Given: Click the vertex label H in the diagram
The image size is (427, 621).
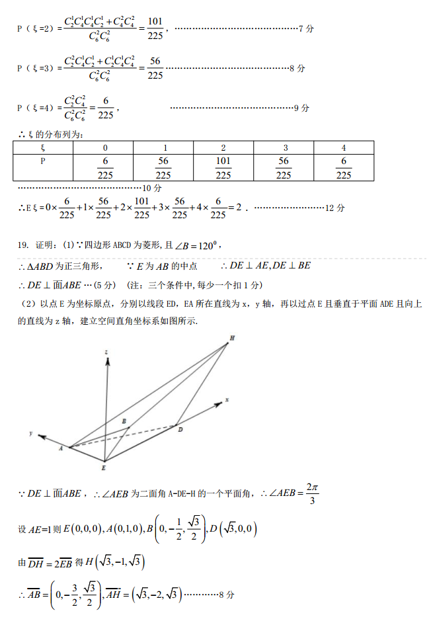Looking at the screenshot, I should [232, 338].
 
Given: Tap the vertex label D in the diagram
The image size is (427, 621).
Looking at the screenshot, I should [180, 429].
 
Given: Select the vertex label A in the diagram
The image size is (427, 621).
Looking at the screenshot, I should [61, 448].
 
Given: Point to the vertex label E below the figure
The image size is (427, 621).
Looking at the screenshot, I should [104, 468].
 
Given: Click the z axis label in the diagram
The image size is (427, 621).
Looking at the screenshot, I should [106, 354].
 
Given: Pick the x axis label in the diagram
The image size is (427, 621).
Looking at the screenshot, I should [227, 399].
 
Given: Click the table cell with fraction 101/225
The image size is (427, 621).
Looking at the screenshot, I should [223, 168].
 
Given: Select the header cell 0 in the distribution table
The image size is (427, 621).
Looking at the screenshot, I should [105, 147].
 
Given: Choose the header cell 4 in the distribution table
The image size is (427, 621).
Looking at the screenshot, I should [343, 147].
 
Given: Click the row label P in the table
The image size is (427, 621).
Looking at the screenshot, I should [43, 161].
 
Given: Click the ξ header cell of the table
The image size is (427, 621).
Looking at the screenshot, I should [43, 147].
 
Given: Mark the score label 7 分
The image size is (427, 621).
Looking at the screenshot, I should [306, 29].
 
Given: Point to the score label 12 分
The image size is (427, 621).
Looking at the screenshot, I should [335, 208].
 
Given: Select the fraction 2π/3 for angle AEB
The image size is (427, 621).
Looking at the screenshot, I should [313, 493].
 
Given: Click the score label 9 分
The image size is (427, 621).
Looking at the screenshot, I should [301, 108].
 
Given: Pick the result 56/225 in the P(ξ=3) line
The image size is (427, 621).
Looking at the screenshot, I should [155, 68].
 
